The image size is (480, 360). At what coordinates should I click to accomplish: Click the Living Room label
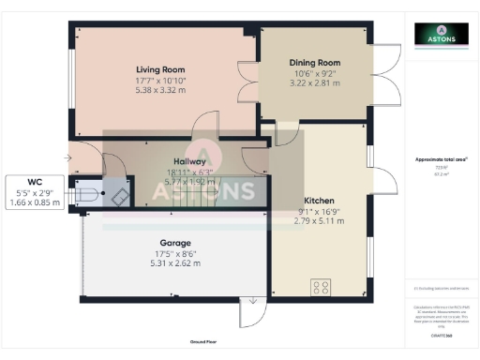160,69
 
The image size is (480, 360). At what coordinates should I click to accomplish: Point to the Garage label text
175,241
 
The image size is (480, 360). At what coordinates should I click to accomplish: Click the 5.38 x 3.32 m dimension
160,92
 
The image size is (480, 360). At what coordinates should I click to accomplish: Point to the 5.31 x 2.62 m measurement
175,263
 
